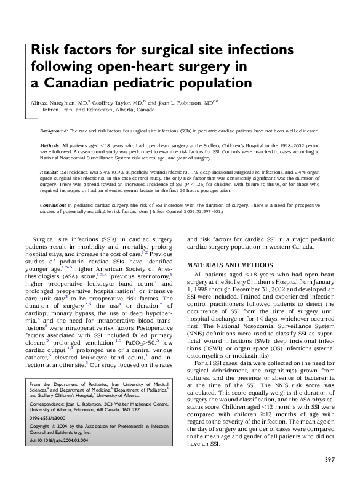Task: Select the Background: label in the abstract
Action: [54, 132]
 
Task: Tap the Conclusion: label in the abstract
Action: [53, 203]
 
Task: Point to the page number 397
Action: [329, 461]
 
